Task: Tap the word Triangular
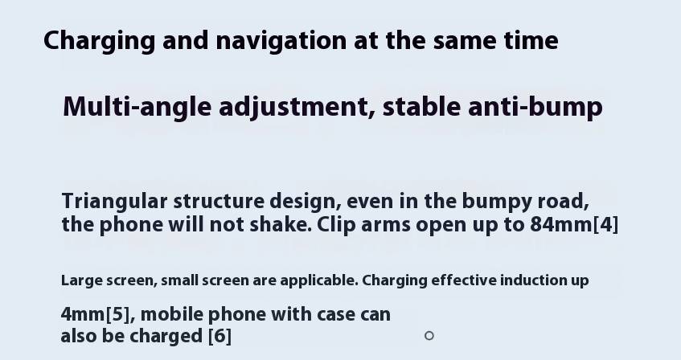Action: point(115,202)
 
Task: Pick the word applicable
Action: point(319,281)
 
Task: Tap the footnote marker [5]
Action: point(117,314)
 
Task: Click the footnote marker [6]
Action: point(219,336)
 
